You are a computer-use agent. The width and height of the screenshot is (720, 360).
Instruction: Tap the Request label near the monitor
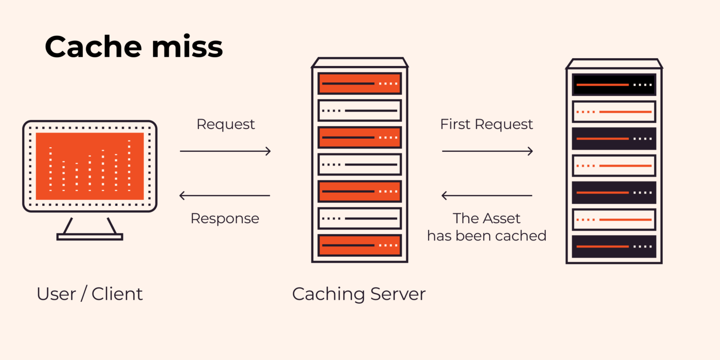point(225,124)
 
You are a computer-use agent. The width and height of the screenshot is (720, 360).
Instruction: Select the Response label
point(225,218)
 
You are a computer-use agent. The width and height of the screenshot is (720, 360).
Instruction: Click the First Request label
point(487,124)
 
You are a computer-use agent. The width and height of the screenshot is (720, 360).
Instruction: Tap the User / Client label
point(90,294)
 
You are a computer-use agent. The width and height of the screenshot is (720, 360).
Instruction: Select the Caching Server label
point(359,294)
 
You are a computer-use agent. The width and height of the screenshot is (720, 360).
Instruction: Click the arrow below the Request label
point(225,151)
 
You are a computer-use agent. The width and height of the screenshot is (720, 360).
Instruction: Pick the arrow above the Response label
point(225,195)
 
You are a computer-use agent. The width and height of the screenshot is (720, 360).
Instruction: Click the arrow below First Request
point(487,151)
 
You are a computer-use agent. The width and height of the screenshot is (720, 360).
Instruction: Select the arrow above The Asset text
point(487,195)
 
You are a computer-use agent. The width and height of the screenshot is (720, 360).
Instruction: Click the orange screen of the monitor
point(90,166)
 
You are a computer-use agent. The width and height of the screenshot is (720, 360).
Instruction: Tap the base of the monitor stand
point(90,237)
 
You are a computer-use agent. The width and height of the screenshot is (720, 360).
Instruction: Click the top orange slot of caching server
point(360,83)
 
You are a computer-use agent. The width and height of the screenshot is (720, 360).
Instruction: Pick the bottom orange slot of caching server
point(360,245)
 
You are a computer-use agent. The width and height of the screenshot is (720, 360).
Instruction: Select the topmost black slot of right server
point(614,85)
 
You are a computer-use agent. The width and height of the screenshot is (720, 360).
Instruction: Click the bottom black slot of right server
point(614,246)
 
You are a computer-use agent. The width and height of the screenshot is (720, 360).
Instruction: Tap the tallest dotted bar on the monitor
point(129,165)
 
